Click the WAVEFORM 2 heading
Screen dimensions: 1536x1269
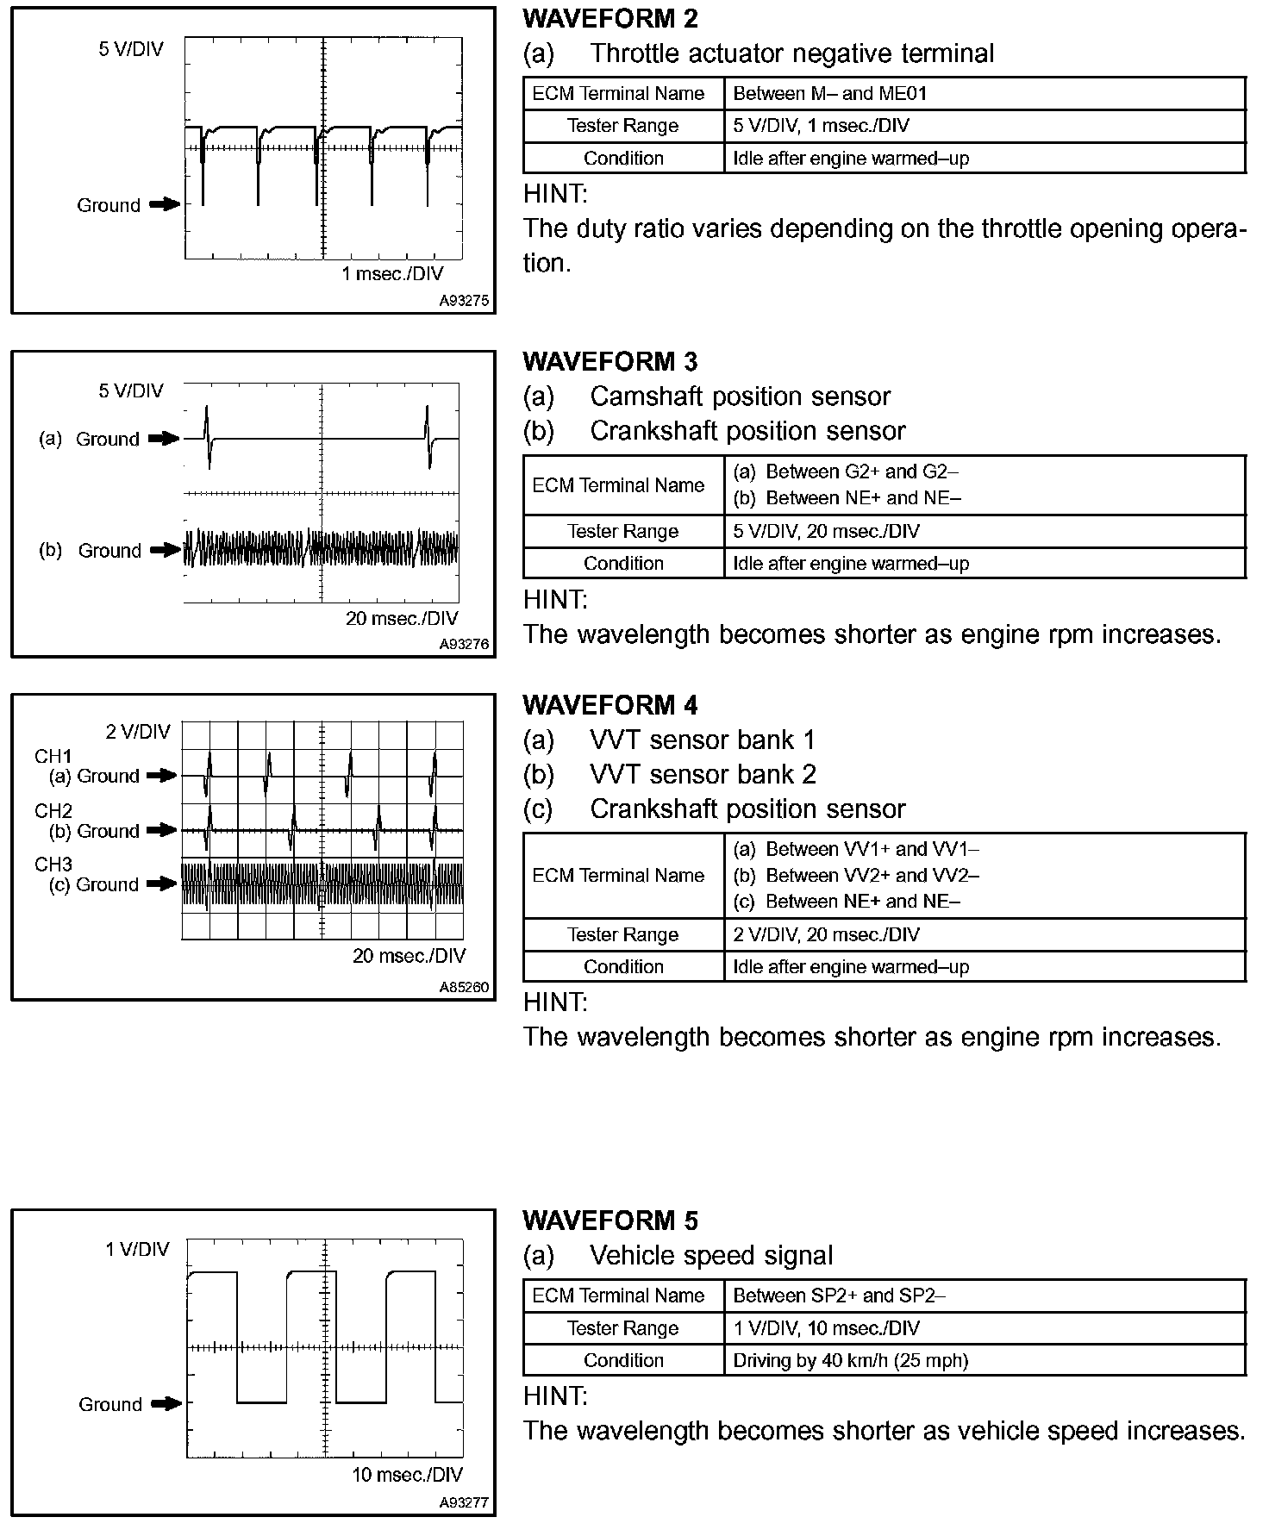point(610,18)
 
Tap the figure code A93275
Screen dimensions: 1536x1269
point(464,301)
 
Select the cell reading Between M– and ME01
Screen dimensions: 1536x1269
point(829,94)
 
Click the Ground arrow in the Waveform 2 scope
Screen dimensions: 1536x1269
point(165,205)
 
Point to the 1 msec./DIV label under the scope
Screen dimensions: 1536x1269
point(392,274)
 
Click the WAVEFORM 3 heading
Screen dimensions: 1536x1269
point(610,361)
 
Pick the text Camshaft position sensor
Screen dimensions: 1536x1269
point(740,396)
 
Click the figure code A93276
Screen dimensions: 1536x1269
point(464,644)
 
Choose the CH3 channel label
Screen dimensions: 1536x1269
point(53,865)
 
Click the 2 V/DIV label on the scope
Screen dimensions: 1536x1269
point(138,733)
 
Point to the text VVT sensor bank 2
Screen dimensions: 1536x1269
point(703,774)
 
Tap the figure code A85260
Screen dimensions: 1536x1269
point(464,987)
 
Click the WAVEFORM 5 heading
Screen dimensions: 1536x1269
point(610,1221)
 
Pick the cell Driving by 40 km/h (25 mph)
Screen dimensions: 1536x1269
point(850,1361)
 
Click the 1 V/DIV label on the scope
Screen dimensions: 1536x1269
point(138,1249)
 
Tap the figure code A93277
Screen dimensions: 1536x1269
point(464,1502)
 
